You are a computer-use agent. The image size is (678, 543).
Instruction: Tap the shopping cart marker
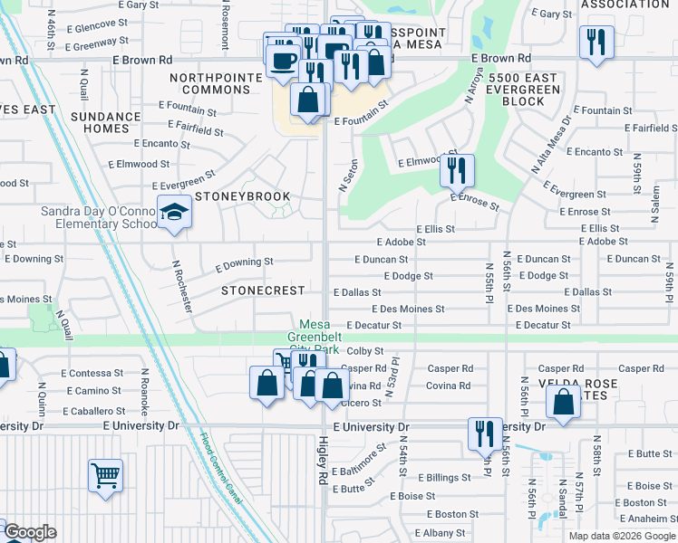105,474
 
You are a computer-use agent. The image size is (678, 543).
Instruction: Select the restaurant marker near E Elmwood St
458,169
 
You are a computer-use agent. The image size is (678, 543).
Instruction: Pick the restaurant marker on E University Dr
484,433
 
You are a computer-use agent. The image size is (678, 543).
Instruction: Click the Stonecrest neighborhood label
264,291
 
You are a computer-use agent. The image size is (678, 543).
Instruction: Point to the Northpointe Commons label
216,83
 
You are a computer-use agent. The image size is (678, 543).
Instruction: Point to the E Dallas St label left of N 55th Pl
357,292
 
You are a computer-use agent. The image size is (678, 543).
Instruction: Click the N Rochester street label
182,286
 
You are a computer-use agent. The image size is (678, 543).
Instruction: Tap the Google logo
29,532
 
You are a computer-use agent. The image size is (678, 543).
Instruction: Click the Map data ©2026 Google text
621,536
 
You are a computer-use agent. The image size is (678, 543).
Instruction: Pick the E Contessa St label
92,373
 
